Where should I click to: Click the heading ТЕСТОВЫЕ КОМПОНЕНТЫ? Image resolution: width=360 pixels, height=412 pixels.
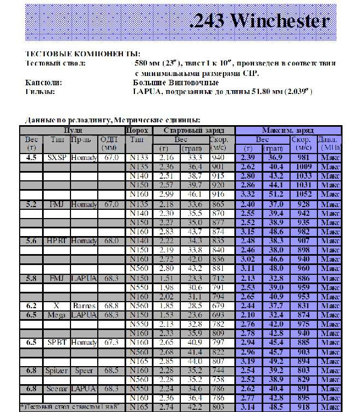[82, 55]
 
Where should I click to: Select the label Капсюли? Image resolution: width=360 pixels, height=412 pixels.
[43, 82]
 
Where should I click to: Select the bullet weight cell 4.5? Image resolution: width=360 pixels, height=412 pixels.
[32, 157]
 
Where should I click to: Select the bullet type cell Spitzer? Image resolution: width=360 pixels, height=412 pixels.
[56, 371]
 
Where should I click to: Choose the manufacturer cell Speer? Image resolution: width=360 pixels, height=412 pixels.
[84, 371]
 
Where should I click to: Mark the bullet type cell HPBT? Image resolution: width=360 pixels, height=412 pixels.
[56, 240]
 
